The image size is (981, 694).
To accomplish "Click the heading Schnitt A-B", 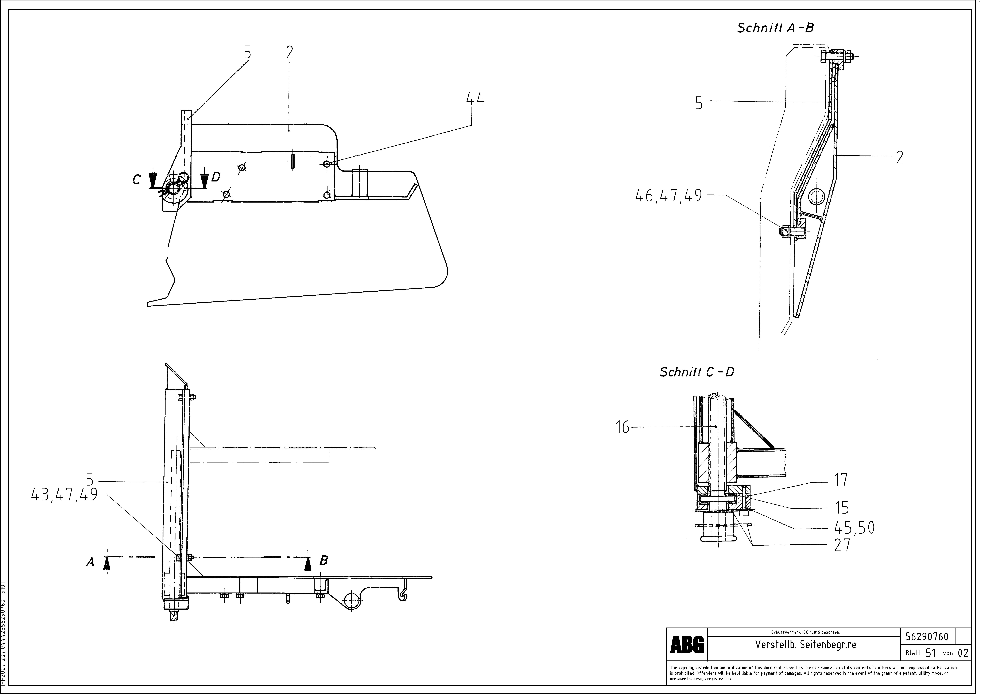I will click(775, 28).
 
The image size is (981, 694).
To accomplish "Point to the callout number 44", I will click(475, 100).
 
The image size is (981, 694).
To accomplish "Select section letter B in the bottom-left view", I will click(323, 560).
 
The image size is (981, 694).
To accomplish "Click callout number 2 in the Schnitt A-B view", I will click(899, 158).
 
